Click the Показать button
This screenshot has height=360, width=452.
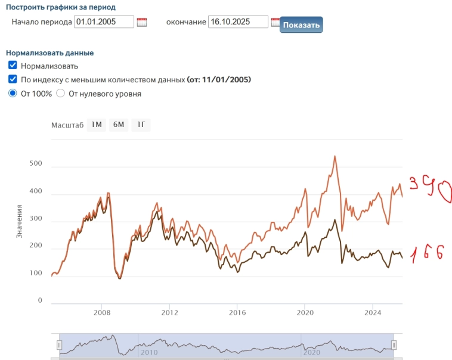coord(301,25)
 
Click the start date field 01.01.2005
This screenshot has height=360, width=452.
coord(104,22)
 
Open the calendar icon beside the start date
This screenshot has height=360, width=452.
coord(141,23)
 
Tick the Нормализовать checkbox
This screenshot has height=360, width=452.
coord(13,66)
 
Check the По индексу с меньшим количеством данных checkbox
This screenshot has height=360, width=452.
coord(13,79)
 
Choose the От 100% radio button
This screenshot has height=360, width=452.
coord(13,93)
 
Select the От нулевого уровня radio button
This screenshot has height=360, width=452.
coord(60,93)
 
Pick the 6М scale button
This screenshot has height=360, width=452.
coord(118,125)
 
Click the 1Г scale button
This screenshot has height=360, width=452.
coord(141,125)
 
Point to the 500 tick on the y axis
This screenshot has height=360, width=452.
coord(36,163)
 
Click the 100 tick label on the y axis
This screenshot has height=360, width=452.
coord(36,274)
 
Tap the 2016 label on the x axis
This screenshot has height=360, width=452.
coord(237,312)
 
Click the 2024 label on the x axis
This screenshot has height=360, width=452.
coord(373,312)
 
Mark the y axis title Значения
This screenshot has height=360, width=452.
coord(19,222)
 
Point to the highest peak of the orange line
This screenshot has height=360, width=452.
coord(335,156)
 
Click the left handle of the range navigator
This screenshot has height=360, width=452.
coord(59,345)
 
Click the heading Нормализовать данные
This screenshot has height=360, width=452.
coord(49,52)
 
